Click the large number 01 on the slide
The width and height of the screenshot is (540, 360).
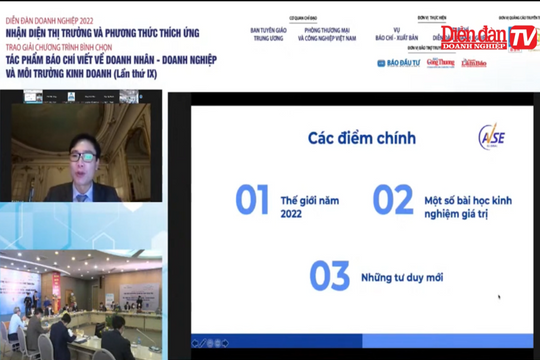pos(253,199)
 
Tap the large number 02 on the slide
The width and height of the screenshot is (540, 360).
pos(393,199)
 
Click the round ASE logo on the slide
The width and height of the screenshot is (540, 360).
pos(489,136)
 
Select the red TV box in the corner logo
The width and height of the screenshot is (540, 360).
pos(522,37)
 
